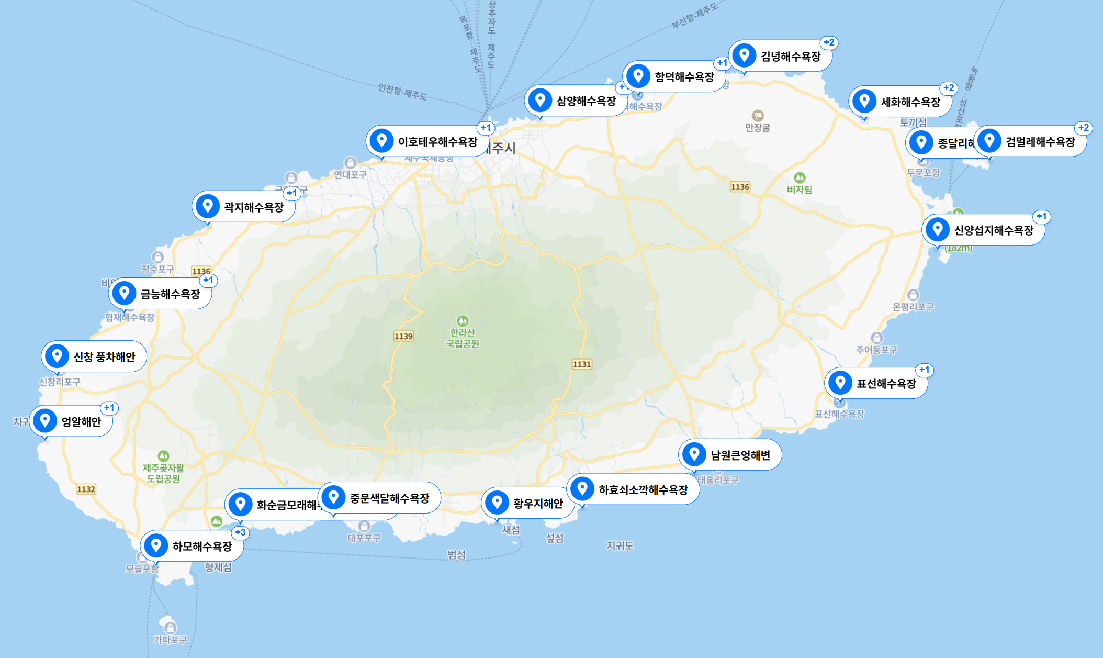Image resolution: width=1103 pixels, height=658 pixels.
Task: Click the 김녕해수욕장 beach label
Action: point(790,57)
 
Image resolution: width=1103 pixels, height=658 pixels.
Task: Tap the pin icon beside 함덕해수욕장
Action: point(638,76)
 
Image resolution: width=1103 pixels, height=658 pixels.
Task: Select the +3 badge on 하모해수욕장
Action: point(240,532)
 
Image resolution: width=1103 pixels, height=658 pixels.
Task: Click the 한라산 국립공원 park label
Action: point(463,338)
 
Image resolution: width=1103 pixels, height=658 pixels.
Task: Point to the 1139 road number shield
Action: point(403,336)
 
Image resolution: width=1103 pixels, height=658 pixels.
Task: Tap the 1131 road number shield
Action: point(582,364)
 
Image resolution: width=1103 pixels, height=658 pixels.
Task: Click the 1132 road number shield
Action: point(86,489)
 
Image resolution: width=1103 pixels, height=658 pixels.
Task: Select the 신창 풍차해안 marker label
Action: point(104,357)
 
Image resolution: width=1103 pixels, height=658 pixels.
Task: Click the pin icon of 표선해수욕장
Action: point(840,383)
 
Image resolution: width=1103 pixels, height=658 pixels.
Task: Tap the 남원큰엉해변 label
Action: point(740,455)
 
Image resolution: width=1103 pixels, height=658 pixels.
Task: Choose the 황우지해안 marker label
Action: point(538,504)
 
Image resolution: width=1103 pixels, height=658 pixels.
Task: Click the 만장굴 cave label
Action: point(758,127)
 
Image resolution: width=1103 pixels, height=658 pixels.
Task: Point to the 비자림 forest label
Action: point(800,189)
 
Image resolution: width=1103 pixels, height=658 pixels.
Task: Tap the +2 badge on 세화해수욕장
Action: point(949,88)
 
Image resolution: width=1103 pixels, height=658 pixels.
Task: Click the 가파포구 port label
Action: point(170,640)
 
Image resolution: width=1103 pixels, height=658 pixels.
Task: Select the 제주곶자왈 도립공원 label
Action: point(164,473)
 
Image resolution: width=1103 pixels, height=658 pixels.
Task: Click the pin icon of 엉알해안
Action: point(45,421)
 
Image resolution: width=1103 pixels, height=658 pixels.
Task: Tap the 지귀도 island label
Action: point(620,546)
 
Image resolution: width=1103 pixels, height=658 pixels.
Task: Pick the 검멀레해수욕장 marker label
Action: point(1040,142)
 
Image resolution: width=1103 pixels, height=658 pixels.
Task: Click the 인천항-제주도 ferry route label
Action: point(402,93)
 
